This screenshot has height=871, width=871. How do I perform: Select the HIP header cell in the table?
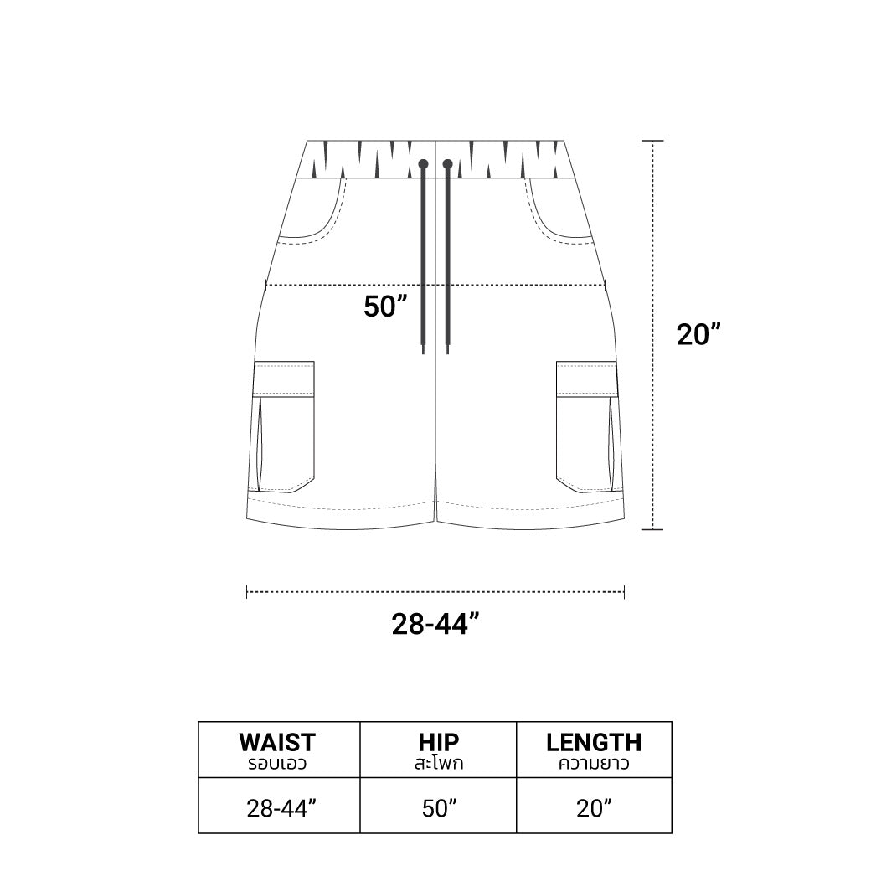(438, 750)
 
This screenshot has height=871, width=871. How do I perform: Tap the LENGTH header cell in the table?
(594, 750)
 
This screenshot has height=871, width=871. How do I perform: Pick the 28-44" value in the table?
(281, 808)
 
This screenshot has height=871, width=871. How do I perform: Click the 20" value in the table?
(594, 808)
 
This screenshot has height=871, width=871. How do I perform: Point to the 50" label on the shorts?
(385, 306)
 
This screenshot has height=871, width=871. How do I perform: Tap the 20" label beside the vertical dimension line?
(698, 334)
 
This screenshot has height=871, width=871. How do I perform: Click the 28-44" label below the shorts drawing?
(435, 625)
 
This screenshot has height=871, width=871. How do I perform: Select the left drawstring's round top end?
(423, 164)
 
